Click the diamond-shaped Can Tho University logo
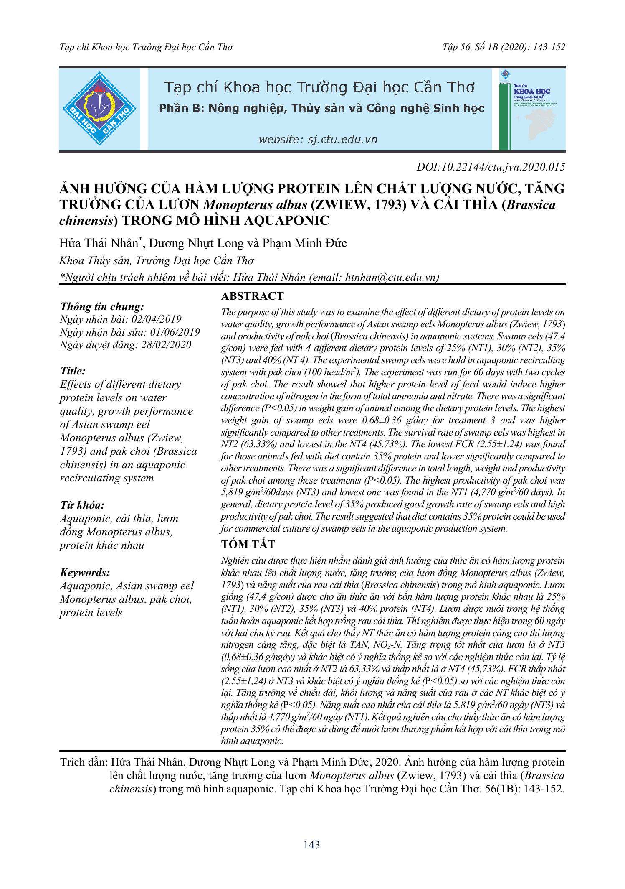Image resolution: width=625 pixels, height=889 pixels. coord(99,109)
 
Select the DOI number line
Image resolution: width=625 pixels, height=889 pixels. coord(491,167)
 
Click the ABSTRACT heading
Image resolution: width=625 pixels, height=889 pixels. coord(252,296)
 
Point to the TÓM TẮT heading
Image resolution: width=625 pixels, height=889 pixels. coord(248,544)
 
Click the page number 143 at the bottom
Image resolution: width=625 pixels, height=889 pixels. coord(311,845)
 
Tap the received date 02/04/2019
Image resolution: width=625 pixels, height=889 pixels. coord(157,319)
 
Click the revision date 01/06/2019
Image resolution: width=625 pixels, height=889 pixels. coord(175,332)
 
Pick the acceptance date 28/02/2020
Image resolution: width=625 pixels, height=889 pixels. coord(166,344)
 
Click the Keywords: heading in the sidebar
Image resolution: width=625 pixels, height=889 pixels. coord(85,572)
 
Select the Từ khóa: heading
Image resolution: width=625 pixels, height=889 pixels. coord(82,505)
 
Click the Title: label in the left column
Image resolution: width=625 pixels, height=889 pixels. coord(73,371)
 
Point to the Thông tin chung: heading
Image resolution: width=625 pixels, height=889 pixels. coord(102,306)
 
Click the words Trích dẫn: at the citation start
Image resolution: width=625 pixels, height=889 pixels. coord(84,762)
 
